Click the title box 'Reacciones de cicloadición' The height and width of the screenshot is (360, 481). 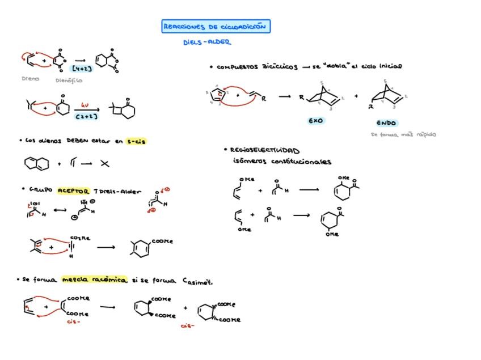tap(216, 27)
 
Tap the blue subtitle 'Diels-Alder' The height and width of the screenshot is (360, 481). tap(207, 43)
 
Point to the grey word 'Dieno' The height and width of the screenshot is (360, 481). tap(31, 79)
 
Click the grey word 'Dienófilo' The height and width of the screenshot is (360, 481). tap(69, 81)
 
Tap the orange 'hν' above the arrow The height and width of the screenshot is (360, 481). tap(85, 105)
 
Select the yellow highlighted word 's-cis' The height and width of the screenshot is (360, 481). tap(137, 141)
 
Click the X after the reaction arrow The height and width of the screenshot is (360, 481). tap(105, 164)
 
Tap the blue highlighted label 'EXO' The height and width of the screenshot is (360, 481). tap(316, 121)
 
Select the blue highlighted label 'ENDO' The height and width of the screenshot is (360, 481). tap(386, 123)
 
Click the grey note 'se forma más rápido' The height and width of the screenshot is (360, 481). tap(403, 135)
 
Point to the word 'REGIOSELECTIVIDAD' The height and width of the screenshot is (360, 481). tap(264, 150)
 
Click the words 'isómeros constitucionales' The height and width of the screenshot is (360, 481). tap(282, 162)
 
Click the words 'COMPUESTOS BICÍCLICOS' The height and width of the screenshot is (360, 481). tap(257, 67)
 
